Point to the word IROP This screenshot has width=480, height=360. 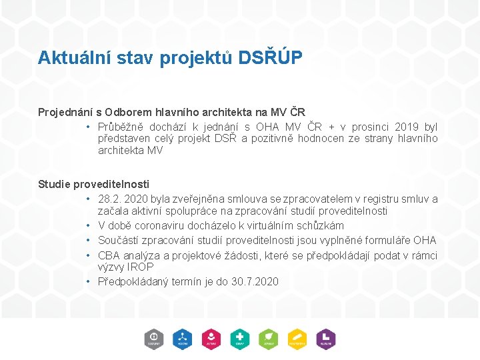[140, 267]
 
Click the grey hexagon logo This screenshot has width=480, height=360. [154, 339]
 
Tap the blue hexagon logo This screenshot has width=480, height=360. [182, 339]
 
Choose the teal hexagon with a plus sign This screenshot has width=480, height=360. [240, 339]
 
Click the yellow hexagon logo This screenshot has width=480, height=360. [297, 339]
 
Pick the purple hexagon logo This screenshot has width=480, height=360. [326, 339]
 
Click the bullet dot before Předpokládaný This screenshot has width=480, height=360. [88, 281]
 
